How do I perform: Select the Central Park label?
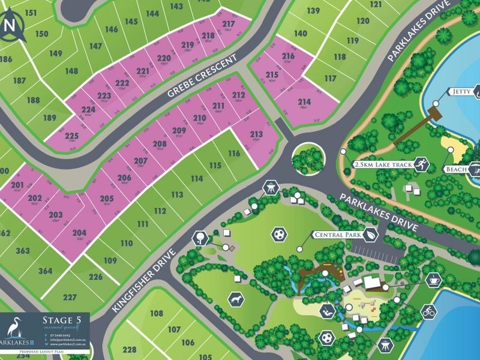point(335,235)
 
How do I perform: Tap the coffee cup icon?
point(432,280)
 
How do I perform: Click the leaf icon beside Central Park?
point(372,235)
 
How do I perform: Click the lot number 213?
point(256,134)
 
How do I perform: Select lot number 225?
point(71,136)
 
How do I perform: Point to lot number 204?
point(79,233)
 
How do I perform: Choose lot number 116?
point(233,154)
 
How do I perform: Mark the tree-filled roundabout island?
point(307,158)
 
